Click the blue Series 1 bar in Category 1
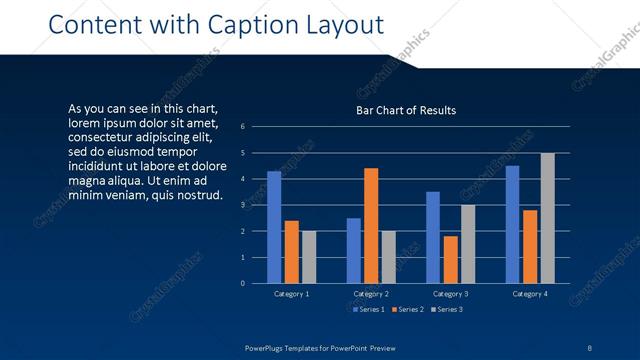(274, 228)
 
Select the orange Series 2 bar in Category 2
(371, 226)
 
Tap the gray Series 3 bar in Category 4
(547, 218)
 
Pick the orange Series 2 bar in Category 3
(451, 260)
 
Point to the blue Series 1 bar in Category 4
(513, 225)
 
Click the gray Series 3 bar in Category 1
(309, 257)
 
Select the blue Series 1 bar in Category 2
(354, 251)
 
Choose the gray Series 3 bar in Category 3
(468, 244)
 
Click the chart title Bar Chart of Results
(406, 110)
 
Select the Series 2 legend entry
(407, 309)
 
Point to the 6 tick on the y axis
(242, 127)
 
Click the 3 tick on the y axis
(242, 205)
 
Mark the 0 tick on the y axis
(242, 283)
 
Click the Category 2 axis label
(371, 294)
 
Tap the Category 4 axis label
(530, 294)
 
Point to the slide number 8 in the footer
(590, 348)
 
